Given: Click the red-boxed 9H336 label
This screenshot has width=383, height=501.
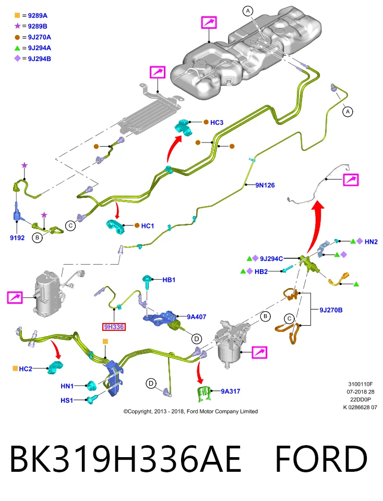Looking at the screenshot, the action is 114,327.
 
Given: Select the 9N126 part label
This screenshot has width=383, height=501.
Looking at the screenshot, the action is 265,185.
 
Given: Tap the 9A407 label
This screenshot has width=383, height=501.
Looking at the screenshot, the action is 196,317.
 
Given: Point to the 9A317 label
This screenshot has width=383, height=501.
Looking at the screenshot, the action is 230,391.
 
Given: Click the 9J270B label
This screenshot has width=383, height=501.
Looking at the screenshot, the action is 331,309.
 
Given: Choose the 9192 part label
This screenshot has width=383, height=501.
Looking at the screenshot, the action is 17,238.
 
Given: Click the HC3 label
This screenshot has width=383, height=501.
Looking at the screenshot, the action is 217,122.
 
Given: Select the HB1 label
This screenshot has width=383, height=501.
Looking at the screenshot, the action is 169,280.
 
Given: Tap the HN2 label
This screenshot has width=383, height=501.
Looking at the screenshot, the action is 371,242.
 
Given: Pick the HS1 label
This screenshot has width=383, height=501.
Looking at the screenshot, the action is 67,400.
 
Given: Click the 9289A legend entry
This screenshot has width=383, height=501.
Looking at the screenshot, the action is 31,15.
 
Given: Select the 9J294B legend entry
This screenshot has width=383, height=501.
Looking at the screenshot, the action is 32,59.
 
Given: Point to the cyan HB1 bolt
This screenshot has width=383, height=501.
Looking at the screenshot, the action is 147,282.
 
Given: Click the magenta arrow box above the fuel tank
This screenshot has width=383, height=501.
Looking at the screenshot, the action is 209,22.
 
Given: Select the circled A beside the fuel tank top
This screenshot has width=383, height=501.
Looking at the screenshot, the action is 248,11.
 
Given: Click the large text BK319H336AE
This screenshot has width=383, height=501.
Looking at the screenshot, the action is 125,459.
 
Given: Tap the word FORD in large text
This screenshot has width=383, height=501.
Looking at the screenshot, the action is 321,459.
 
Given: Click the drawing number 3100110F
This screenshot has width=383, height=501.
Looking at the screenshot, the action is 361,384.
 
